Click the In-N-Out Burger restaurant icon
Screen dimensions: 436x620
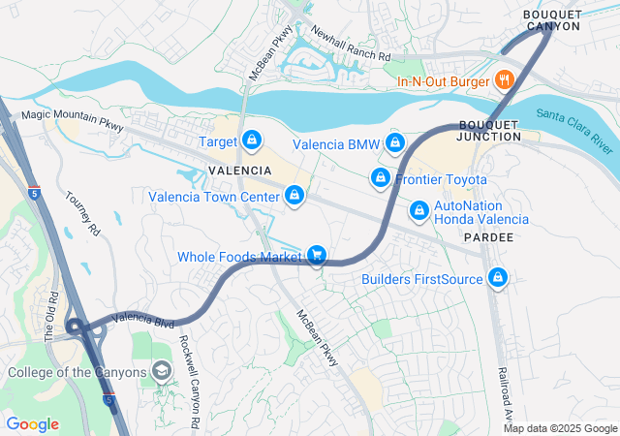click(503, 80)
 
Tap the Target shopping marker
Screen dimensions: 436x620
click(252, 141)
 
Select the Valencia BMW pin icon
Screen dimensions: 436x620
click(394, 144)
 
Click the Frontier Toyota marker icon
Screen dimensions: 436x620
click(381, 179)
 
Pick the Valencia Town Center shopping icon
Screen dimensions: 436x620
click(294, 197)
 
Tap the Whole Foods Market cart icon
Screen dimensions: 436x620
click(316, 256)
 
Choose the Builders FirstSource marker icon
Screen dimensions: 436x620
click(498, 279)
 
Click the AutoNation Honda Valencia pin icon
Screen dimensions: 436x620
click(419, 209)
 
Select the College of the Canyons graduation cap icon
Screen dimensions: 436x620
click(162, 372)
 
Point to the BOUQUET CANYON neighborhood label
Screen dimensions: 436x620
click(551, 19)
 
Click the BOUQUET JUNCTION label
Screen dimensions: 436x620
click(489, 131)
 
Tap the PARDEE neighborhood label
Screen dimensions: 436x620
click(489, 236)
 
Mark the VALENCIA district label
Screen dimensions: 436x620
click(239, 170)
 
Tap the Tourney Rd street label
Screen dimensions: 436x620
click(82, 214)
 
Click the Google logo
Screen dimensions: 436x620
click(33, 423)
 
